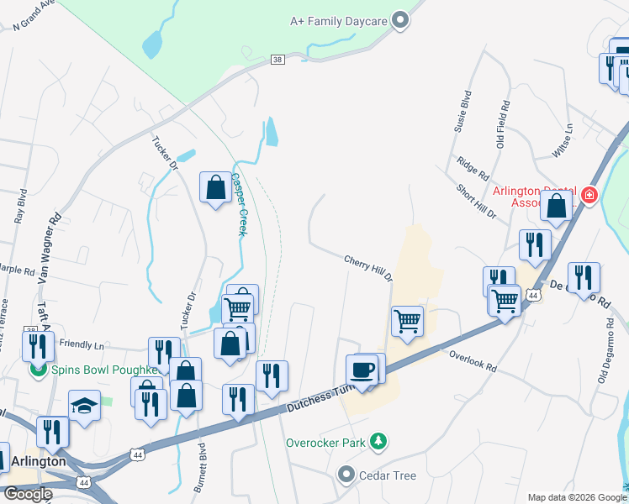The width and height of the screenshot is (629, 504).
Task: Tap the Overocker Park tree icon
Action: [x=379, y=441]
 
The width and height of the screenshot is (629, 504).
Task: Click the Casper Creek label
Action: [x=238, y=204]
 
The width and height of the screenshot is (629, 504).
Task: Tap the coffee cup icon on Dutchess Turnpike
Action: [x=362, y=370]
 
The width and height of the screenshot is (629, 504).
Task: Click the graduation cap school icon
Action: [x=83, y=407]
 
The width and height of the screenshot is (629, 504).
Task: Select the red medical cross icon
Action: [x=589, y=195]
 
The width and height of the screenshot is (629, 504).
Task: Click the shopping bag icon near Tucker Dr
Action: [x=215, y=186]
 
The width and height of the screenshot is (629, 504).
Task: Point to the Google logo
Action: [x=27, y=494]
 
